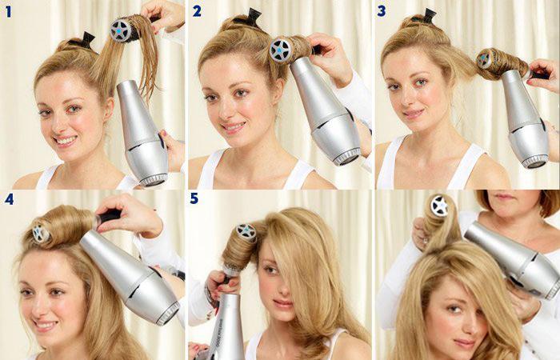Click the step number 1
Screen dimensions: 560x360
[x=8, y=12]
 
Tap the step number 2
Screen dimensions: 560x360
[x=197, y=11]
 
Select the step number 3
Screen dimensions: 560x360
[x=382, y=11]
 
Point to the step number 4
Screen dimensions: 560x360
[x=9, y=199]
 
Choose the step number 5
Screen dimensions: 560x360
[x=194, y=198]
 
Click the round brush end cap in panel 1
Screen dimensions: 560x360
[x=120, y=30]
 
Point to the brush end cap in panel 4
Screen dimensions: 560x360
[x=40, y=233]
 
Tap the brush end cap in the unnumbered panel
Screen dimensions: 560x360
[x=439, y=206]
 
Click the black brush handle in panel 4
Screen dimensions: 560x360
[x=108, y=215]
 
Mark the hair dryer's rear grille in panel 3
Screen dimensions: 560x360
[x=535, y=162]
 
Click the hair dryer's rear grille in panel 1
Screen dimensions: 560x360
[x=154, y=180]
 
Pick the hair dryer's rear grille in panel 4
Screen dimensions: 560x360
[x=168, y=314]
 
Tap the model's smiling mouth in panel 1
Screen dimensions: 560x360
[x=66, y=140]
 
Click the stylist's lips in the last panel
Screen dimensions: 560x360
[x=504, y=196]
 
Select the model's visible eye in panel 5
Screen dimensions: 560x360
[x=272, y=270]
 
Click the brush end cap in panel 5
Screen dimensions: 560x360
[x=246, y=231]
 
